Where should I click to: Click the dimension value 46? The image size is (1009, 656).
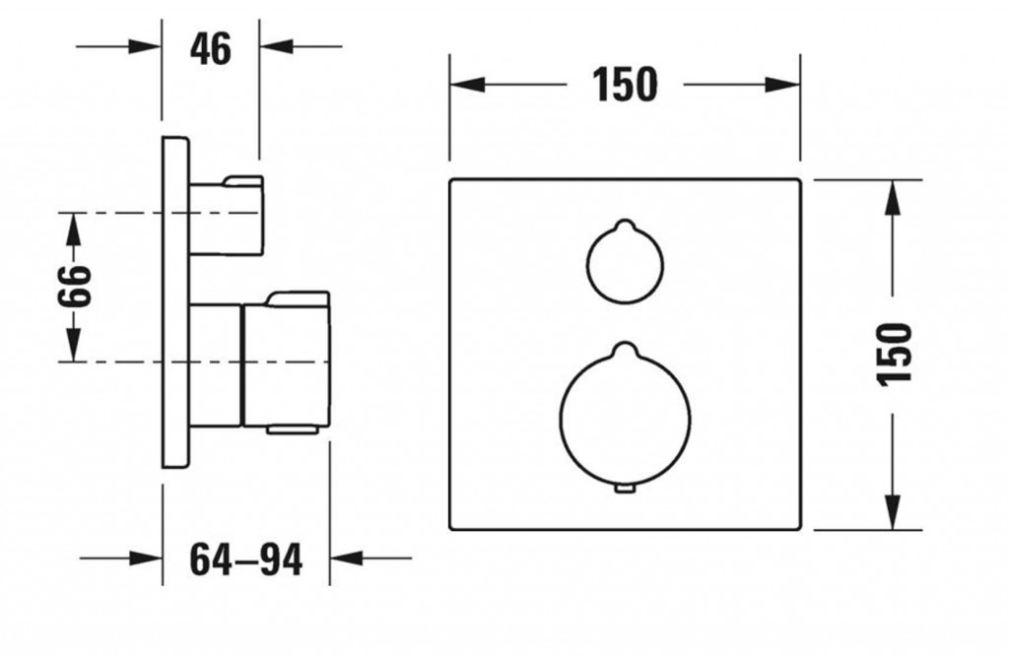click(x=211, y=49)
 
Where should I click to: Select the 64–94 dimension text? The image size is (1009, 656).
click(x=245, y=559)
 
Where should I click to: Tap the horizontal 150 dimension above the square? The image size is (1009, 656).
click(x=625, y=85)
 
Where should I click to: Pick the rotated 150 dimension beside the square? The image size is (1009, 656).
click(x=895, y=355)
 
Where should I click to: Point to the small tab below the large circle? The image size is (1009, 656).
click(x=625, y=491)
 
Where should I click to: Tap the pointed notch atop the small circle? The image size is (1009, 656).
click(x=624, y=225)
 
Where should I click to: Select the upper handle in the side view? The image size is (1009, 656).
click(x=227, y=215)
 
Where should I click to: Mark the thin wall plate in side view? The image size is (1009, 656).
click(x=175, y=302)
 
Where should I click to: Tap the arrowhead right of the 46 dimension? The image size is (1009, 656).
click(x=277, y=46)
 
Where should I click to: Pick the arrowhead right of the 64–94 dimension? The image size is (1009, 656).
click(x=347, y=558)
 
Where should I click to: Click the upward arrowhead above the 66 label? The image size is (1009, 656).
click(x=74, y=230)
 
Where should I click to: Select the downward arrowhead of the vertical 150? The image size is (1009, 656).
click(x=892, y=512)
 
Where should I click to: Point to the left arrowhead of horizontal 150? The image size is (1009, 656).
click(x=467, y=85)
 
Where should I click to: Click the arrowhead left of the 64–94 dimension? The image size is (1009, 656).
click(x=146, y=558)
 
